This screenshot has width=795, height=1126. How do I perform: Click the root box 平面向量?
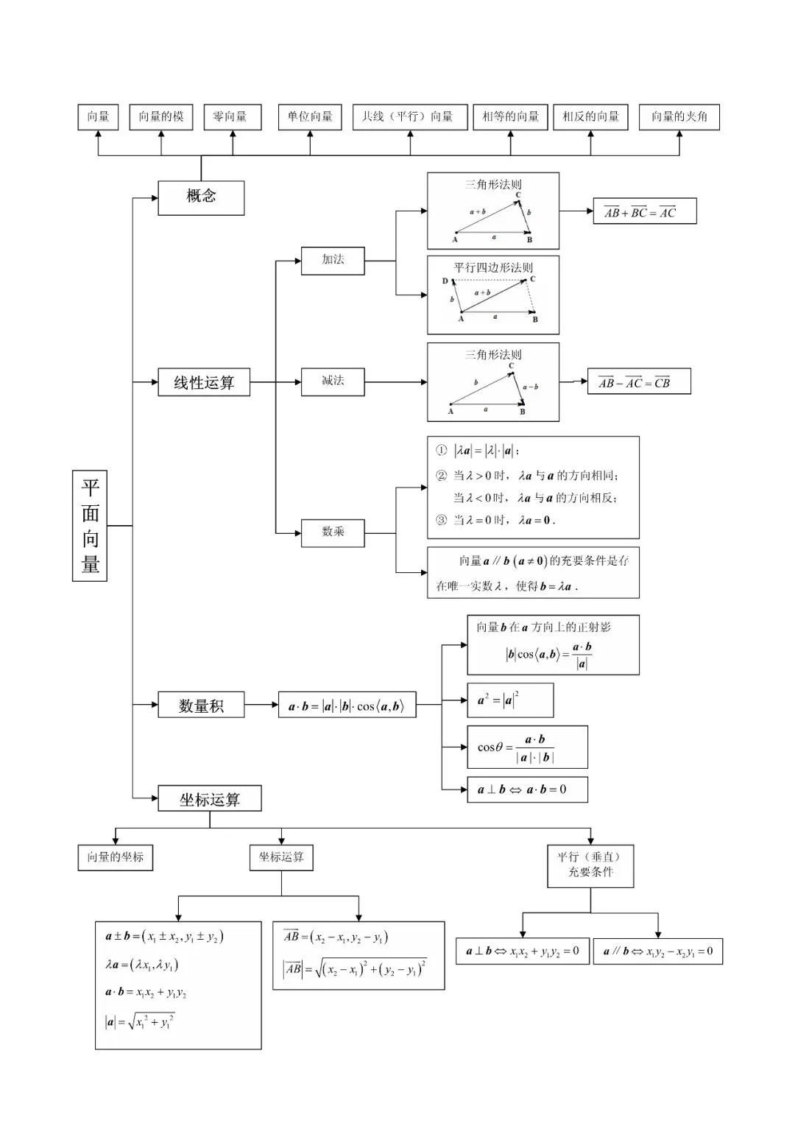[x=90, y=526]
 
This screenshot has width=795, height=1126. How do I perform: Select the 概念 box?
[x=201, y=198]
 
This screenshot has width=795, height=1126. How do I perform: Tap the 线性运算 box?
[x=204, y=382]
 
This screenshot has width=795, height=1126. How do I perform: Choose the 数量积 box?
[x=201, y=704]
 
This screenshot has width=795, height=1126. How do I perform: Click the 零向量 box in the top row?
[x=233, y=117]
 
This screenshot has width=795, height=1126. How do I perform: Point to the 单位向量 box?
[x=310, y=117]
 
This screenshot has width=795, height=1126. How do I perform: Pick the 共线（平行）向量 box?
[x=410, y=117]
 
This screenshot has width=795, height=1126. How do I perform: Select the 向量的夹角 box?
[x=679, y=117]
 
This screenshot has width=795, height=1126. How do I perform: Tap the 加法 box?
[x=333, y=261]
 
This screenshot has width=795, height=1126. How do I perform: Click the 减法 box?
[x=333, y=381]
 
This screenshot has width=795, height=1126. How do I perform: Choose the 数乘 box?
[x=333, y=533]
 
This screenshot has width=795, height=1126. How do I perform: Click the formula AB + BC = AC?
[x=645, y=211]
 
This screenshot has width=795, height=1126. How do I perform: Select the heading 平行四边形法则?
[x=493, y=267]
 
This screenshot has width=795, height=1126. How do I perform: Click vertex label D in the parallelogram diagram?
[x=445, y=281]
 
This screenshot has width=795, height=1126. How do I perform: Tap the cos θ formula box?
[x=527, y=747]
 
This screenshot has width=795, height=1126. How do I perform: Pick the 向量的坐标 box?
[x=116, y=857]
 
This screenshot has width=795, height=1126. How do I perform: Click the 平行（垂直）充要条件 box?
[x=590, y=866]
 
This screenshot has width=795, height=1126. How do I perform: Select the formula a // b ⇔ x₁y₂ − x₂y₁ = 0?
[x=658, y=951]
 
